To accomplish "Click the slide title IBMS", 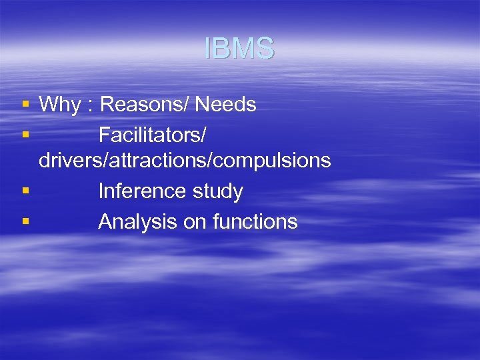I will click(239, 49).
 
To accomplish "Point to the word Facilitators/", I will click(153, 135).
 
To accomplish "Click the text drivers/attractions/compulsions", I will click(185, 161).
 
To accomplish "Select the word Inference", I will click(139, 191).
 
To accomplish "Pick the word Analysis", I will click(138, 221).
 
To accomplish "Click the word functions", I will click(255, 221).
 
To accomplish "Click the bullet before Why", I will click(25, 105).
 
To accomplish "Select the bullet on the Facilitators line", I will click(25, 135).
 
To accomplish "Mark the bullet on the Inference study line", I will click(25, 191).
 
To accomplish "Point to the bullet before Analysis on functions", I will click(25, 221).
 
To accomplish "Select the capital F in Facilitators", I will click(104, 135).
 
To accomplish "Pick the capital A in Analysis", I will click(105, 221).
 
